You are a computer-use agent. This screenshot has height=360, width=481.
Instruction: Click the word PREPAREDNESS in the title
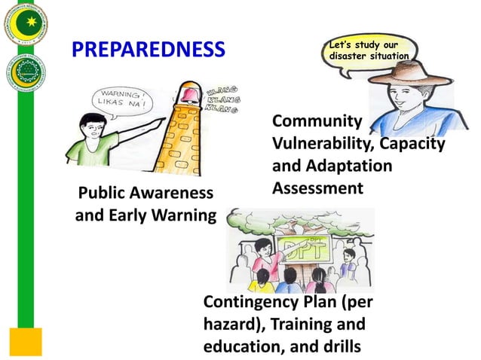[x=149, y=50]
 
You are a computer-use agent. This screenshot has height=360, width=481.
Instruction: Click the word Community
[x=316, y=121]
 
